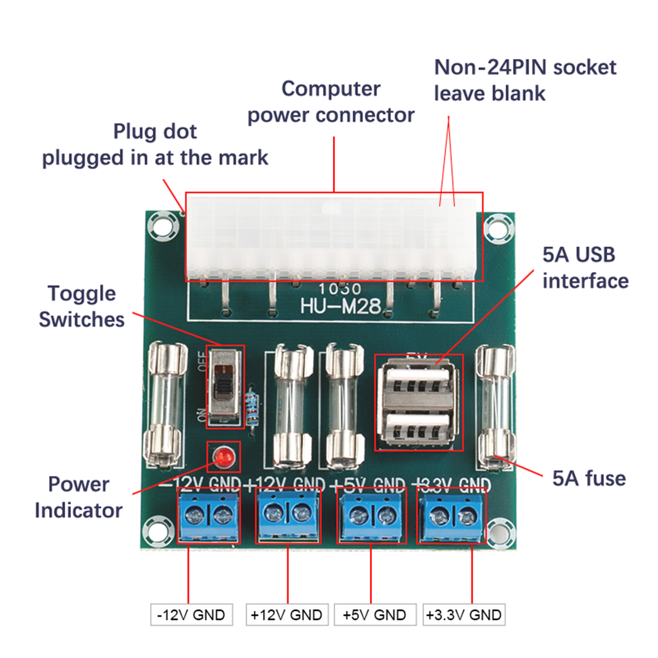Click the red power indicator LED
click(223, 456)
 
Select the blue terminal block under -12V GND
click(209, 516)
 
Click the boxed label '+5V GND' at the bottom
click(375, 615)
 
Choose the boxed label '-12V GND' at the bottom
click(191, 615)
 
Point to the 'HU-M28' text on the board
click(341, 306)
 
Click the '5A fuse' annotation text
click(588, 478)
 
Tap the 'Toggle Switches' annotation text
click(81, 306)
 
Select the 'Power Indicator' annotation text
click(79, 497)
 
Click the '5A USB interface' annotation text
click(585, 268)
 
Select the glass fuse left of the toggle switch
click(164, 405)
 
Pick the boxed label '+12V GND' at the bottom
click(287, 615)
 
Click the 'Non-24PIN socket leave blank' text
click(524, 80)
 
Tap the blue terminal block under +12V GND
click(288, 516)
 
